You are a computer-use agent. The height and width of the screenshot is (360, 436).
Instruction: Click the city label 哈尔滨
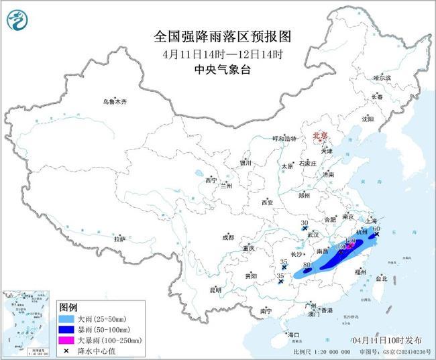coord(382,78)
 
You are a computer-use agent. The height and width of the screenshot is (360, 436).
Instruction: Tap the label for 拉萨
coord(119,239)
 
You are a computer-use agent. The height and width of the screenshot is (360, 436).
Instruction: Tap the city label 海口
coord(292,334)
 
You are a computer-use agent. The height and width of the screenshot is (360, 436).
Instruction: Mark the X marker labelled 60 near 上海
coord(377,235)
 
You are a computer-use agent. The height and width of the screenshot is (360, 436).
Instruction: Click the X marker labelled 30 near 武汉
coord(305,229)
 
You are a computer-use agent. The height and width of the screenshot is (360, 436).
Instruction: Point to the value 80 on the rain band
coord(307,265)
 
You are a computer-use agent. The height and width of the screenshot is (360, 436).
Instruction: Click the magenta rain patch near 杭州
coord(349,246)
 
